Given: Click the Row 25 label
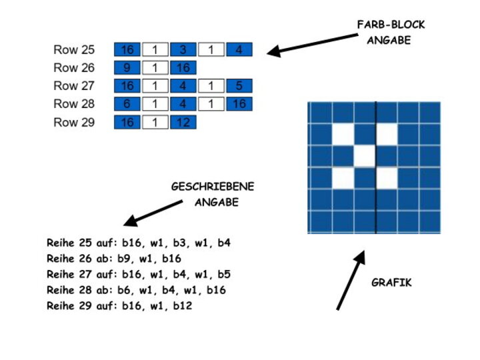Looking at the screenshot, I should click(x=74, y=50).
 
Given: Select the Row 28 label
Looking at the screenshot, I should click(x=74, y=104).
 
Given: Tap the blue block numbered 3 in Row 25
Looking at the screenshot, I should click(x=183, y=50).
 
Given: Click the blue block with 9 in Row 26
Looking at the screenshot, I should click(x=127, y=68).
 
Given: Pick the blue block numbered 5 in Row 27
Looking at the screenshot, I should click(x=239, y=86).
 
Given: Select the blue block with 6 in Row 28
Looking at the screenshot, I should click(x=127, y=104).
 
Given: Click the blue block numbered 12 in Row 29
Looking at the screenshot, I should click(x=183, y=122).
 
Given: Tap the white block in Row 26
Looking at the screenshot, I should click(x=155, y=68).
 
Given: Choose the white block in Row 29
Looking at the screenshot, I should click(x=155, y=122).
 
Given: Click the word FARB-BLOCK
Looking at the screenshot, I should click(x=391, y=25).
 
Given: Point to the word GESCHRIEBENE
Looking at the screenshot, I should click(x=213, y=187).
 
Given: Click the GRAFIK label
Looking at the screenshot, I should click(x=391, y=283).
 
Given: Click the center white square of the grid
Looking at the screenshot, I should click(x=364, y=157).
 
